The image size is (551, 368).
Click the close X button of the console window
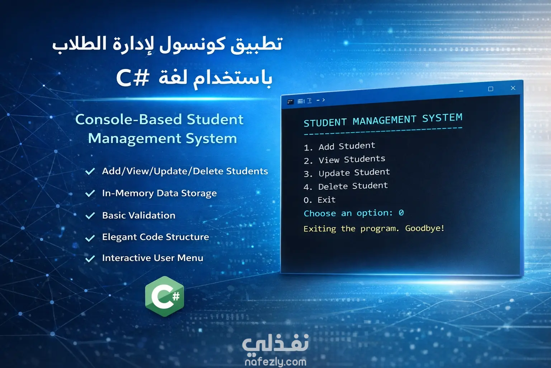pyautogui.click(x=513, y=88)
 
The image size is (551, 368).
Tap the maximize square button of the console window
pyautogui.click(x=490, y=89)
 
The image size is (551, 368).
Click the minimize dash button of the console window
pyautogui.click(x=461, y=91)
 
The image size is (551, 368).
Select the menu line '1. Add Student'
pyautogui.click(x=339, y=146)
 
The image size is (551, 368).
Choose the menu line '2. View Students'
pyautogui.click(x=344, y=160)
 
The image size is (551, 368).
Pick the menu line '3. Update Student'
pyautogui.click(x=347, y=173)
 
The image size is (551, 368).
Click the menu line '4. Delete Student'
pyautogui.click(x=345, y=186)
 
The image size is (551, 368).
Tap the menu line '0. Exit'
pyautogui.click(x=320, y=200)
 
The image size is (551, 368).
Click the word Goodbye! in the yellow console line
pyautogui.click(x=425, y=228)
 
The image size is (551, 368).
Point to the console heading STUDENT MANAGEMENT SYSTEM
pyautogui.click(x=383, y=120)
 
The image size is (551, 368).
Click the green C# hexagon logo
pyautogui.click(x=165, y=296)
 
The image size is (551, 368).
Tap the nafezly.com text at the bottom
pyautogui.click(x=275, y=362)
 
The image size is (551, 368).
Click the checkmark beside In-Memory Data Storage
pyautogui.click(x=90, y=193)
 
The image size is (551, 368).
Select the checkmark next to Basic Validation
pyautogui.click(x=90, y=215)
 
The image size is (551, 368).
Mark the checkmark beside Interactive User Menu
pyautogui.click(x=90, y=258)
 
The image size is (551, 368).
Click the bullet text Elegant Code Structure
pyautogui.click(x=155, y=237)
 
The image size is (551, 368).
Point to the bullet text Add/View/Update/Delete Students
pyautogui.click(x=185, y=171)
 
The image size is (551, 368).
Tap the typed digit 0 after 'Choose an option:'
pyautogui.click(x=401, y=212)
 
